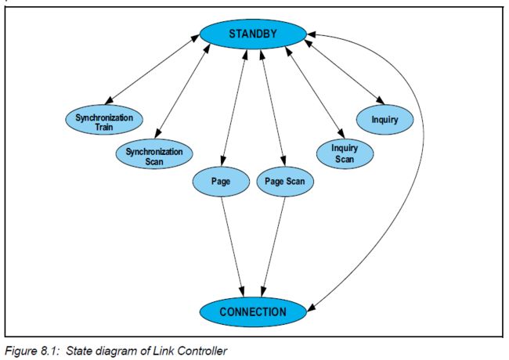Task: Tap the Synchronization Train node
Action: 104,122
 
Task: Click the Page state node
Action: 219,182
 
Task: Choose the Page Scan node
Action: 284,182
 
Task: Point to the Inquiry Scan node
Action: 345,153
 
